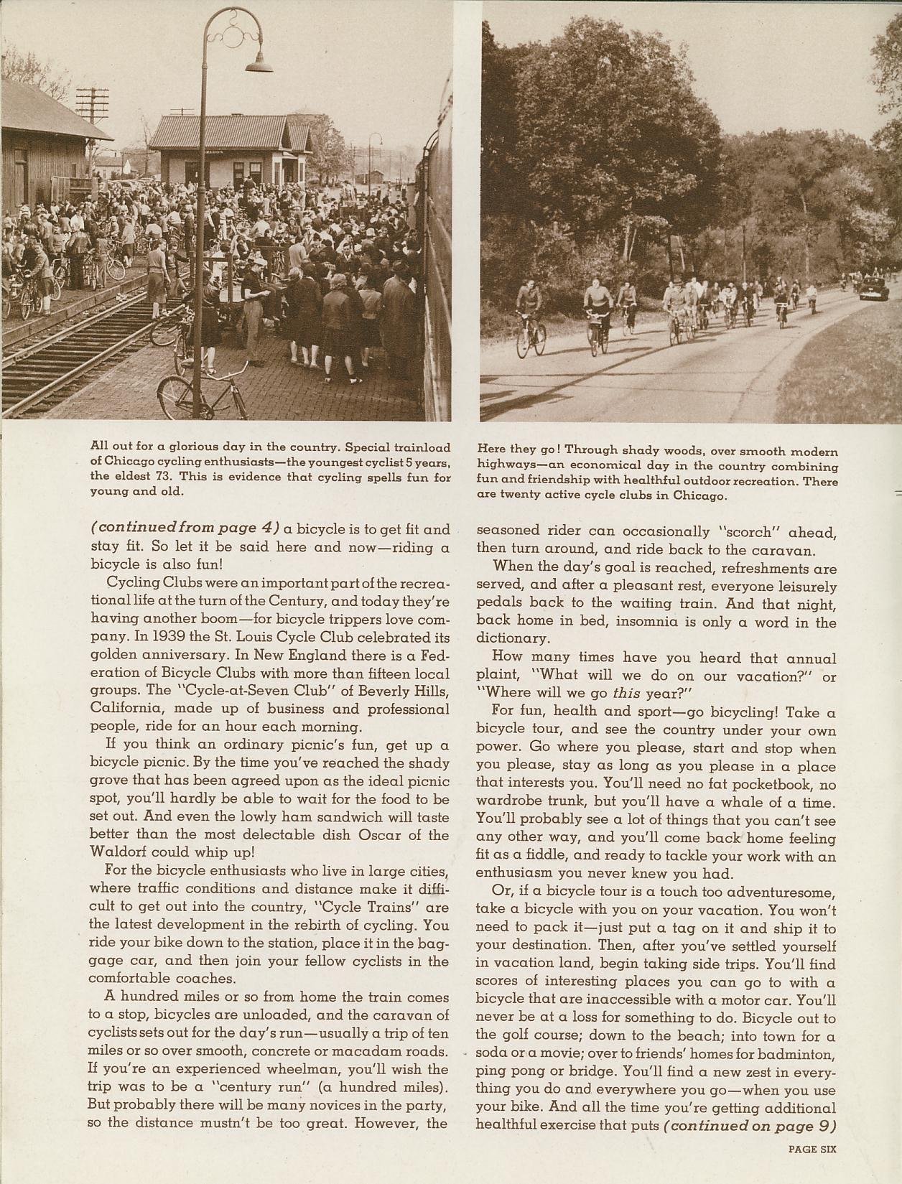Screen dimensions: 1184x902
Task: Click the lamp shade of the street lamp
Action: tap(259, 66)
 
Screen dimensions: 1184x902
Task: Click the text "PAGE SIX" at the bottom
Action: tap(812, 1148)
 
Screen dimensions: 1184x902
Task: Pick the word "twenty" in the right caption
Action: tap(519, 495)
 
